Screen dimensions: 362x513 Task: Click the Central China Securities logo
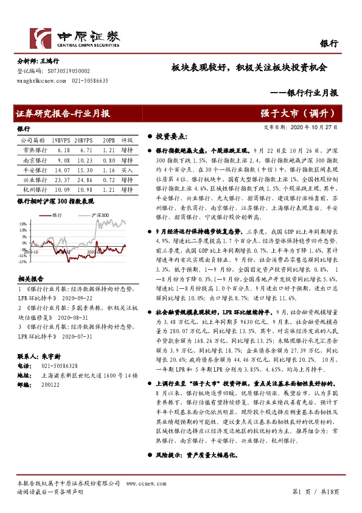(74, 38)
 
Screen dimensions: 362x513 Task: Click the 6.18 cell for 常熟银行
(63, 149)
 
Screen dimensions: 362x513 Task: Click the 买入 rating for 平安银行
(127, 171)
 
